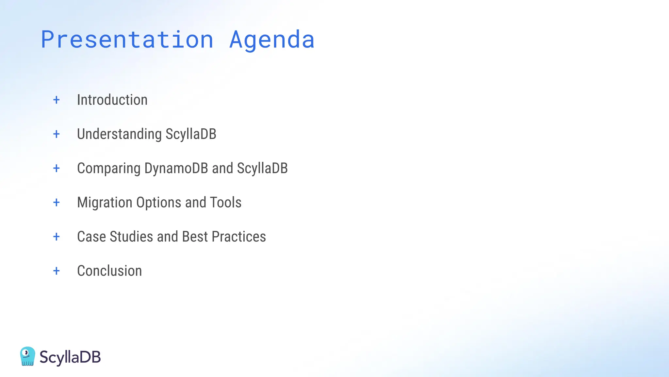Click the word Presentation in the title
click(x=127, y=40)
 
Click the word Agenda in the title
click(x=272, y=40)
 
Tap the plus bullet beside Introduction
click(x=57, y=100)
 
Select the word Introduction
click(x=112, y=100)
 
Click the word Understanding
click(x=119, y=134)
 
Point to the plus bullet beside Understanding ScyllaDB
click(x=57, y=134)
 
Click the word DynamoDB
click(x=176, y=168)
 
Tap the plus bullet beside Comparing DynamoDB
click(x=57, y=168)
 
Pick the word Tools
click(x=226, y=203)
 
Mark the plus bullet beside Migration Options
click(x=57, y=203)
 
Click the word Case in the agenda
click(x=91, y=237)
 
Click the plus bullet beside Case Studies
click(x=57, y=237)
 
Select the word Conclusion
click(x=109, y=271)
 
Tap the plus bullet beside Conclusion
click(x=57, y=271)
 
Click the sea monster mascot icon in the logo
click(x=27, y=356)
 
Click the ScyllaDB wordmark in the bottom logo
click(x=70, y=357)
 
